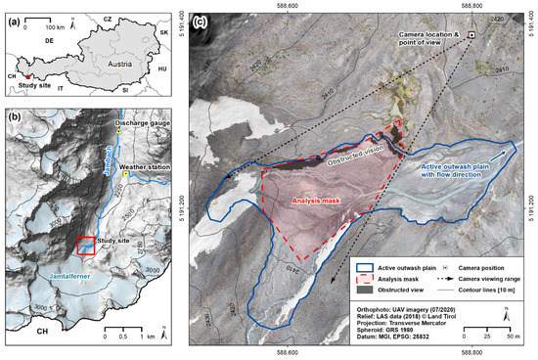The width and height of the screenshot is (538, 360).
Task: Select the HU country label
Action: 162,69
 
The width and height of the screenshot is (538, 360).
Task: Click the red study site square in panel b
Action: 86,246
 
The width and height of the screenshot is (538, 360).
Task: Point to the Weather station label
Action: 140,167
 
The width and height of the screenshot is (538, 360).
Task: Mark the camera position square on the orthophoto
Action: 471,35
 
